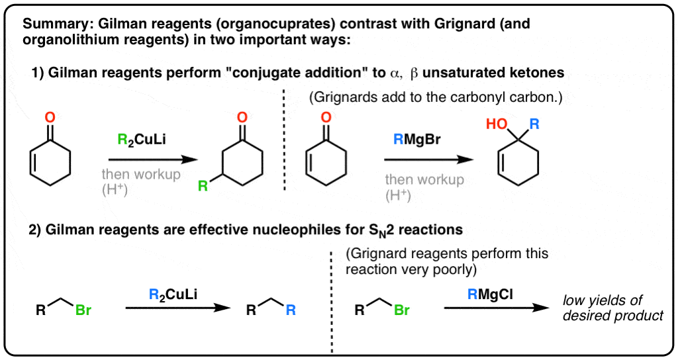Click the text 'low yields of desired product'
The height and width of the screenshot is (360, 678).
tap(612, 308)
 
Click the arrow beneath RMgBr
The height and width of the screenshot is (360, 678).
tap(429, 160)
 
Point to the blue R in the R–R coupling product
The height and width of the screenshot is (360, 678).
tap(291, 309)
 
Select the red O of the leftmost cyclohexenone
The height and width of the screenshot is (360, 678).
tap(50, 118)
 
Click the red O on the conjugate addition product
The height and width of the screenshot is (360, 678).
tap(243, 117)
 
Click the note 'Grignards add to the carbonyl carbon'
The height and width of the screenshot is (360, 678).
tap(435, 98)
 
